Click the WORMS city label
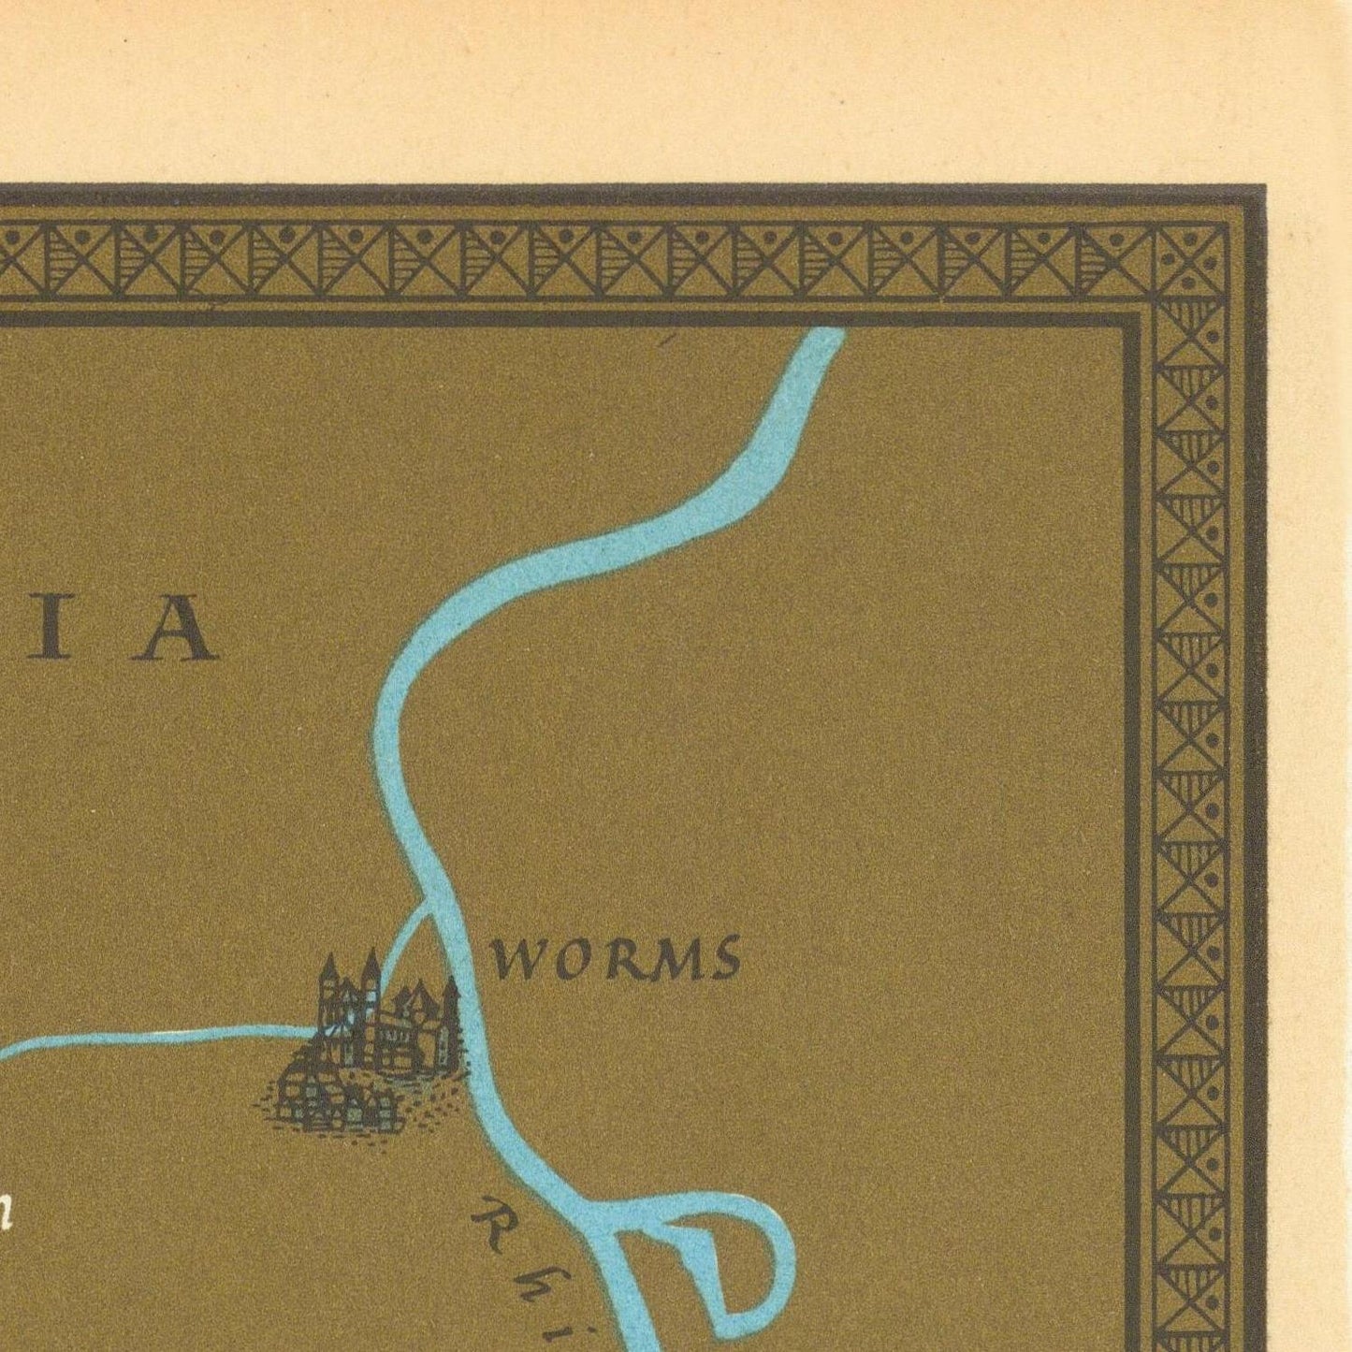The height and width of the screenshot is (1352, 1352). tap(616, 959)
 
